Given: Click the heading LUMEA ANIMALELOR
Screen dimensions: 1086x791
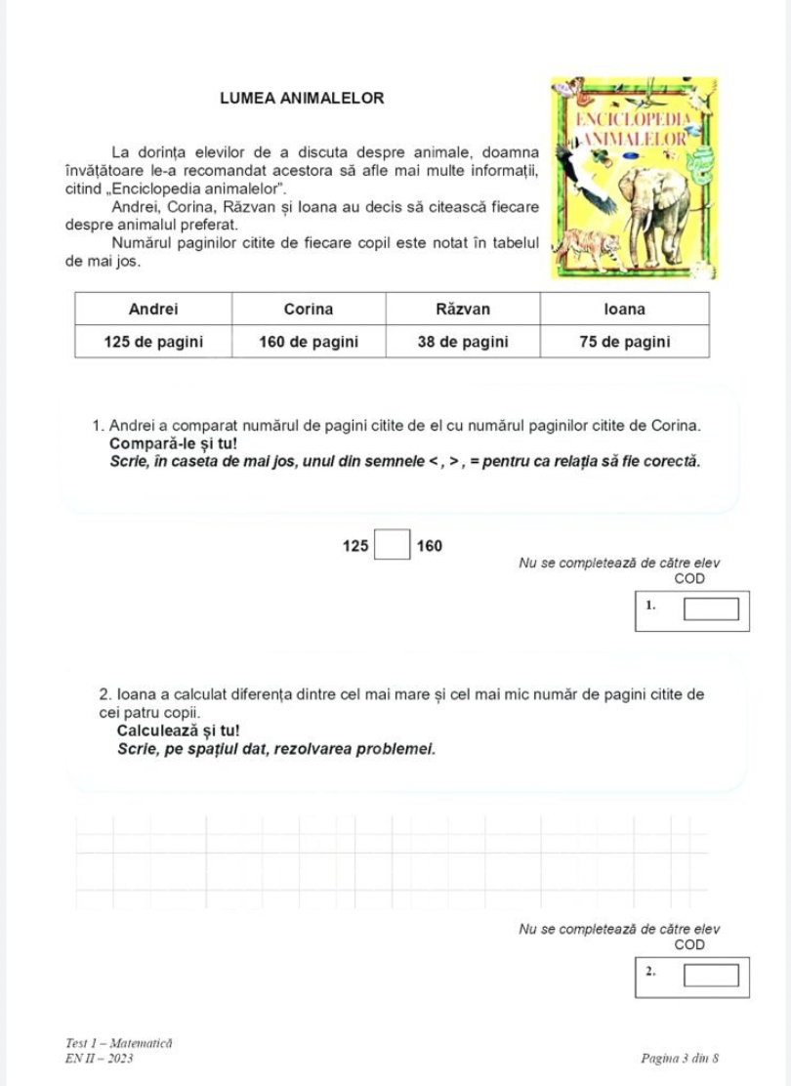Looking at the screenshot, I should pyautogui.click(x=302, y=99).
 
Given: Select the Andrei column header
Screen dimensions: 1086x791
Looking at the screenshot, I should pyautogui.click(x=153, y=310).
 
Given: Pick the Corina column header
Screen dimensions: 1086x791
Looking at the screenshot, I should pyautogui.click(x=309, y=310).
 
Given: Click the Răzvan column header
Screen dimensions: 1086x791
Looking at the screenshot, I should pyautogui.click(x=463, y=310).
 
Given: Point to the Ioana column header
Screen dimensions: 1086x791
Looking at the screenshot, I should pyautogui.click(x=625, y=310).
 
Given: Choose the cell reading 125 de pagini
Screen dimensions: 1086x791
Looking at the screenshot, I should pyautogui.click(x=153, y=341).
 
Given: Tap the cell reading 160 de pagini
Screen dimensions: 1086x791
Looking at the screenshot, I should pyautogui.click(x=309, y=341).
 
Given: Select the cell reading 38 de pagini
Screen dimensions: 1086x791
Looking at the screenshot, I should pyautogui.click(x=463, y=341).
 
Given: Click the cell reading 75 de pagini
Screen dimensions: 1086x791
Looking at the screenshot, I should pyautogui.click(x=625, y=341).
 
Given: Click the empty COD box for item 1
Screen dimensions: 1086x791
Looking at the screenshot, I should pyautogui.click(x=710, y=611).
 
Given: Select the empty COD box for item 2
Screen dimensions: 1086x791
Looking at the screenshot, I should pyautogui.click(x=710, y=975).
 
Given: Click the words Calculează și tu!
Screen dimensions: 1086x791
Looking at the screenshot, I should pyautogui.click(x=176, y=731).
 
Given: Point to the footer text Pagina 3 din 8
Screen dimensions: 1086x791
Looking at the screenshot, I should pyautogui.click(x=681, y=1058).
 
